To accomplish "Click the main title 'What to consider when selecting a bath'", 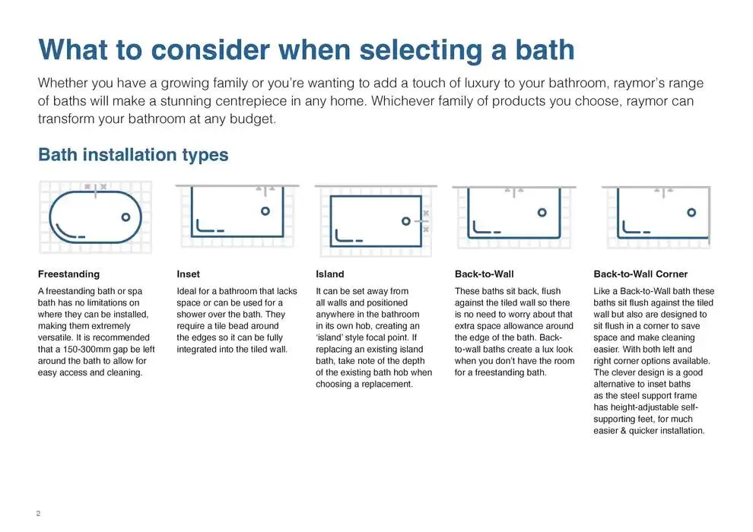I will [x=307, y=49].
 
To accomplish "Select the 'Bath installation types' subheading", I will [x=133, y=155].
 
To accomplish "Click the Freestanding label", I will [x=68, y=274].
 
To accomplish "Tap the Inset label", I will [x=188, y=274].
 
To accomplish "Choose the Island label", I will [x=329, y=274].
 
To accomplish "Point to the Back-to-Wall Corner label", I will [x=640, y=274].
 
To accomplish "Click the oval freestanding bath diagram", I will [x=95, y=217].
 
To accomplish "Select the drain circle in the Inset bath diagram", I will [x=265, y=211].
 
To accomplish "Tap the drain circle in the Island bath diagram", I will [x=406, y=220].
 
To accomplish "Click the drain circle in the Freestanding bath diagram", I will [x=125, y=217].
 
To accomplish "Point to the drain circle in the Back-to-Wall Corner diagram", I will [x=691, y=212].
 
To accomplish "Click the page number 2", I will [x=38, y=514].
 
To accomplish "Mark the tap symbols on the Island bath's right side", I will [x=425, y=220].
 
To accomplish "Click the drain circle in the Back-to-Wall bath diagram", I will [x=542, y=212].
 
